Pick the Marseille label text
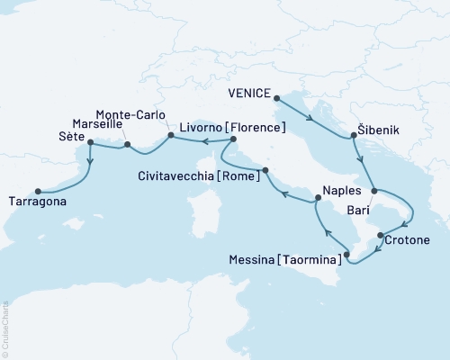(97, 123)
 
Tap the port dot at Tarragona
(38, 191)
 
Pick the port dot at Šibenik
(352, 137)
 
